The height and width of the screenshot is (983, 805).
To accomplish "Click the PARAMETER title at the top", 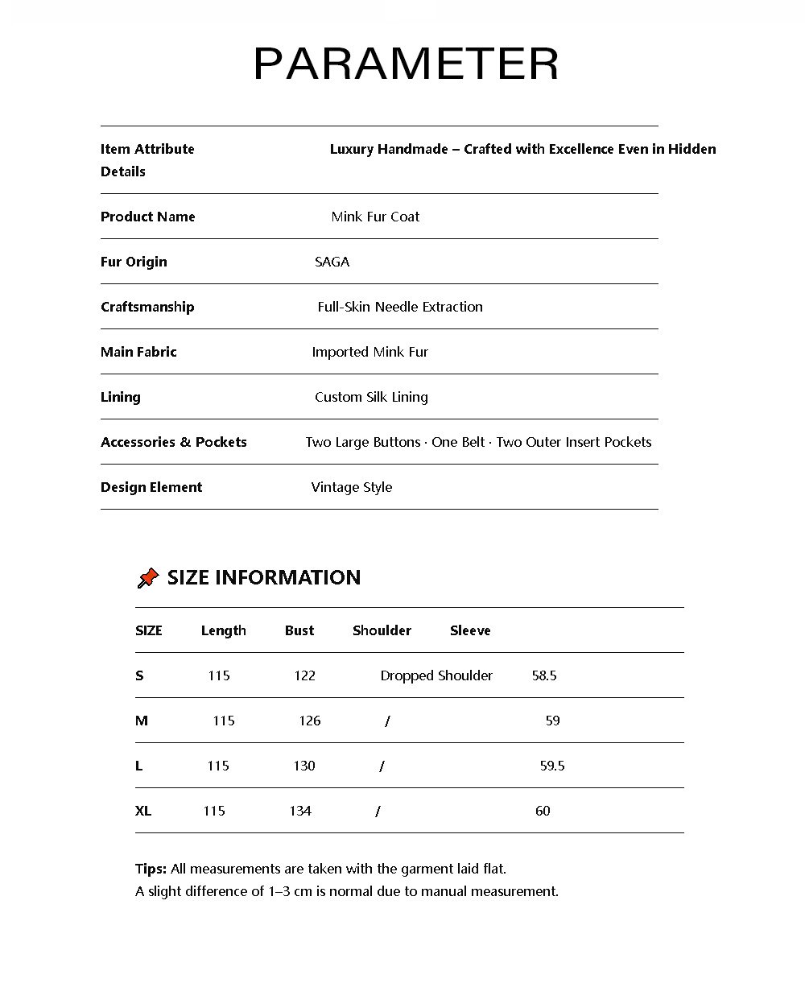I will point(406,64).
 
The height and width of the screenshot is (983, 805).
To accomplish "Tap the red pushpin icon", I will point(148,577).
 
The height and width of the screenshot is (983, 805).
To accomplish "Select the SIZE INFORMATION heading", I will point(264,577).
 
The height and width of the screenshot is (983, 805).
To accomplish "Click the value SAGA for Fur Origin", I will point(332,262).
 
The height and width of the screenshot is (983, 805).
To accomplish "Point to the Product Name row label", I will point(147,217).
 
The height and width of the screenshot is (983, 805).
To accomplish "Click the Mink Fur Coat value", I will point(375,217).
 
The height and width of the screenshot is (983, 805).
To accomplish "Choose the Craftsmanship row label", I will point(147,307).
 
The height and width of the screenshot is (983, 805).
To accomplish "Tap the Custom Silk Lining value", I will point(371,397).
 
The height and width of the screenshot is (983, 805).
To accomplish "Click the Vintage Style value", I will point(352,487).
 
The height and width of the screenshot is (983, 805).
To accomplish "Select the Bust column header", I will point(299,630).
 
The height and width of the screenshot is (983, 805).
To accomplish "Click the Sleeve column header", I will point(470,630).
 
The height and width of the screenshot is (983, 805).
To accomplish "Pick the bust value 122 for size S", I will point(304,675).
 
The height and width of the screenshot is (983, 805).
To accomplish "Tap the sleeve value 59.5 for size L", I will point(552,766).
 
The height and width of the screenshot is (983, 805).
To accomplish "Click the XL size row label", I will point(143,811).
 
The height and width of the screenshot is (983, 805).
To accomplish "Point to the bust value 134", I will point(300,811).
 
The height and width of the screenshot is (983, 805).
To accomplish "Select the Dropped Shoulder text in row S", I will point(436,675).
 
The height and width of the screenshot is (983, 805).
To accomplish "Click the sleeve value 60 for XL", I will point(543,811).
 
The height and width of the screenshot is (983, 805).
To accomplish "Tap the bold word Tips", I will point(151,869).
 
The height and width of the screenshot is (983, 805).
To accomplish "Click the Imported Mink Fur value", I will point(370,352).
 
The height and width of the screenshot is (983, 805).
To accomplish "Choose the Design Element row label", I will point(151,487).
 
